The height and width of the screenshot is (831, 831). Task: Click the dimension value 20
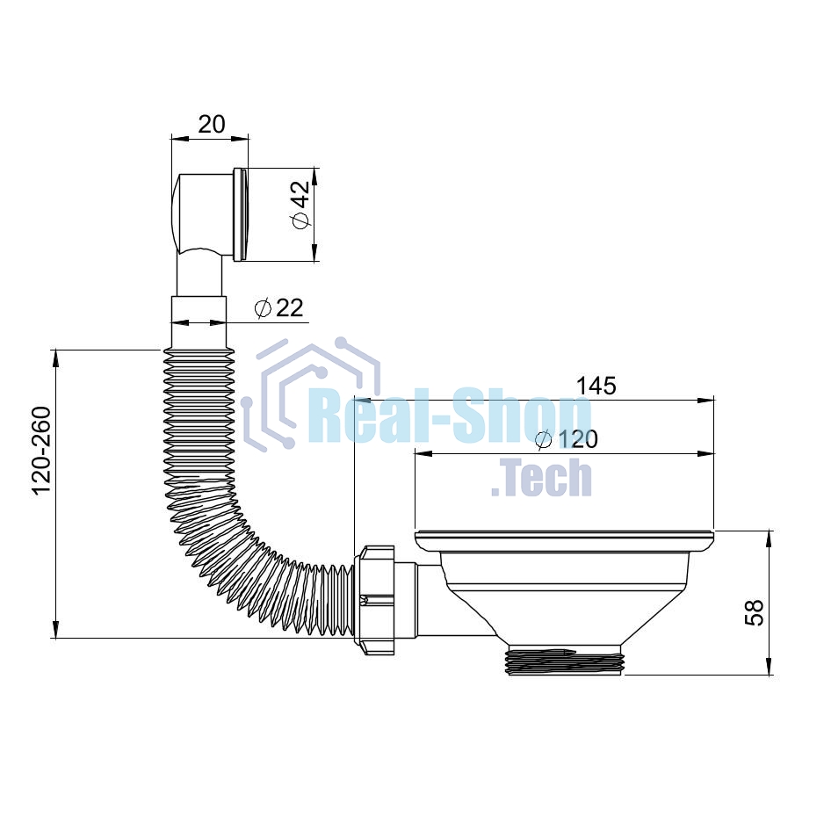tap(212, 124)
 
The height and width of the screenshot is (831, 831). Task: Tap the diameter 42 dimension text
tap(300, 205)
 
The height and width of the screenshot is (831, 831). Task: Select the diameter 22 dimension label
tap(279, 308)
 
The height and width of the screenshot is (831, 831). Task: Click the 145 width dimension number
tap(596, 386)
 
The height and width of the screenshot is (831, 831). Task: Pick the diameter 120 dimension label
tap(567, 439)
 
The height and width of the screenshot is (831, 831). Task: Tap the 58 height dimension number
tap(754, 612)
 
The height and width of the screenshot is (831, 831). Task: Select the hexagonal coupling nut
tap(374, 600)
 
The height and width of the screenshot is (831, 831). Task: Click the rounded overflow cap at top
tap(204, 214)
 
